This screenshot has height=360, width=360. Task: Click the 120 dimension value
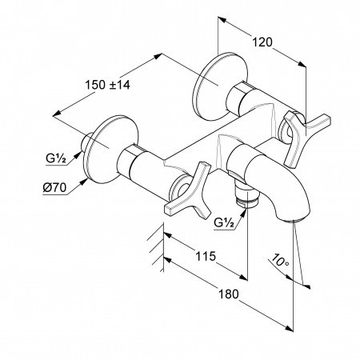pyautogui.click(x=262, y=42)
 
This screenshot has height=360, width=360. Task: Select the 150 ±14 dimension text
pyautogui.click(x=107, y=85)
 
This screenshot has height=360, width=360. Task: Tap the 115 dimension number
pyautogui.click(x=206, y=256)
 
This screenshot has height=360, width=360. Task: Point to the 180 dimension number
pyautogui.click(x=229, y=294)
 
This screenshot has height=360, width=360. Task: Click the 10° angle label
pyautogui.click(x=280, y=261)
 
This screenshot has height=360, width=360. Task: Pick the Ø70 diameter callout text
pyautogui.click(x=54, y=188)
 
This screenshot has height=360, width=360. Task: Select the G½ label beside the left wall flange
pyautogui.click(x=56, y=158)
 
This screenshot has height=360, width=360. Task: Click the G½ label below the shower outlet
pyautogui.click(x=224, y=222)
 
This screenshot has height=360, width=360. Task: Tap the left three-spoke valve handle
pyautogui.click(x=188, y=190)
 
